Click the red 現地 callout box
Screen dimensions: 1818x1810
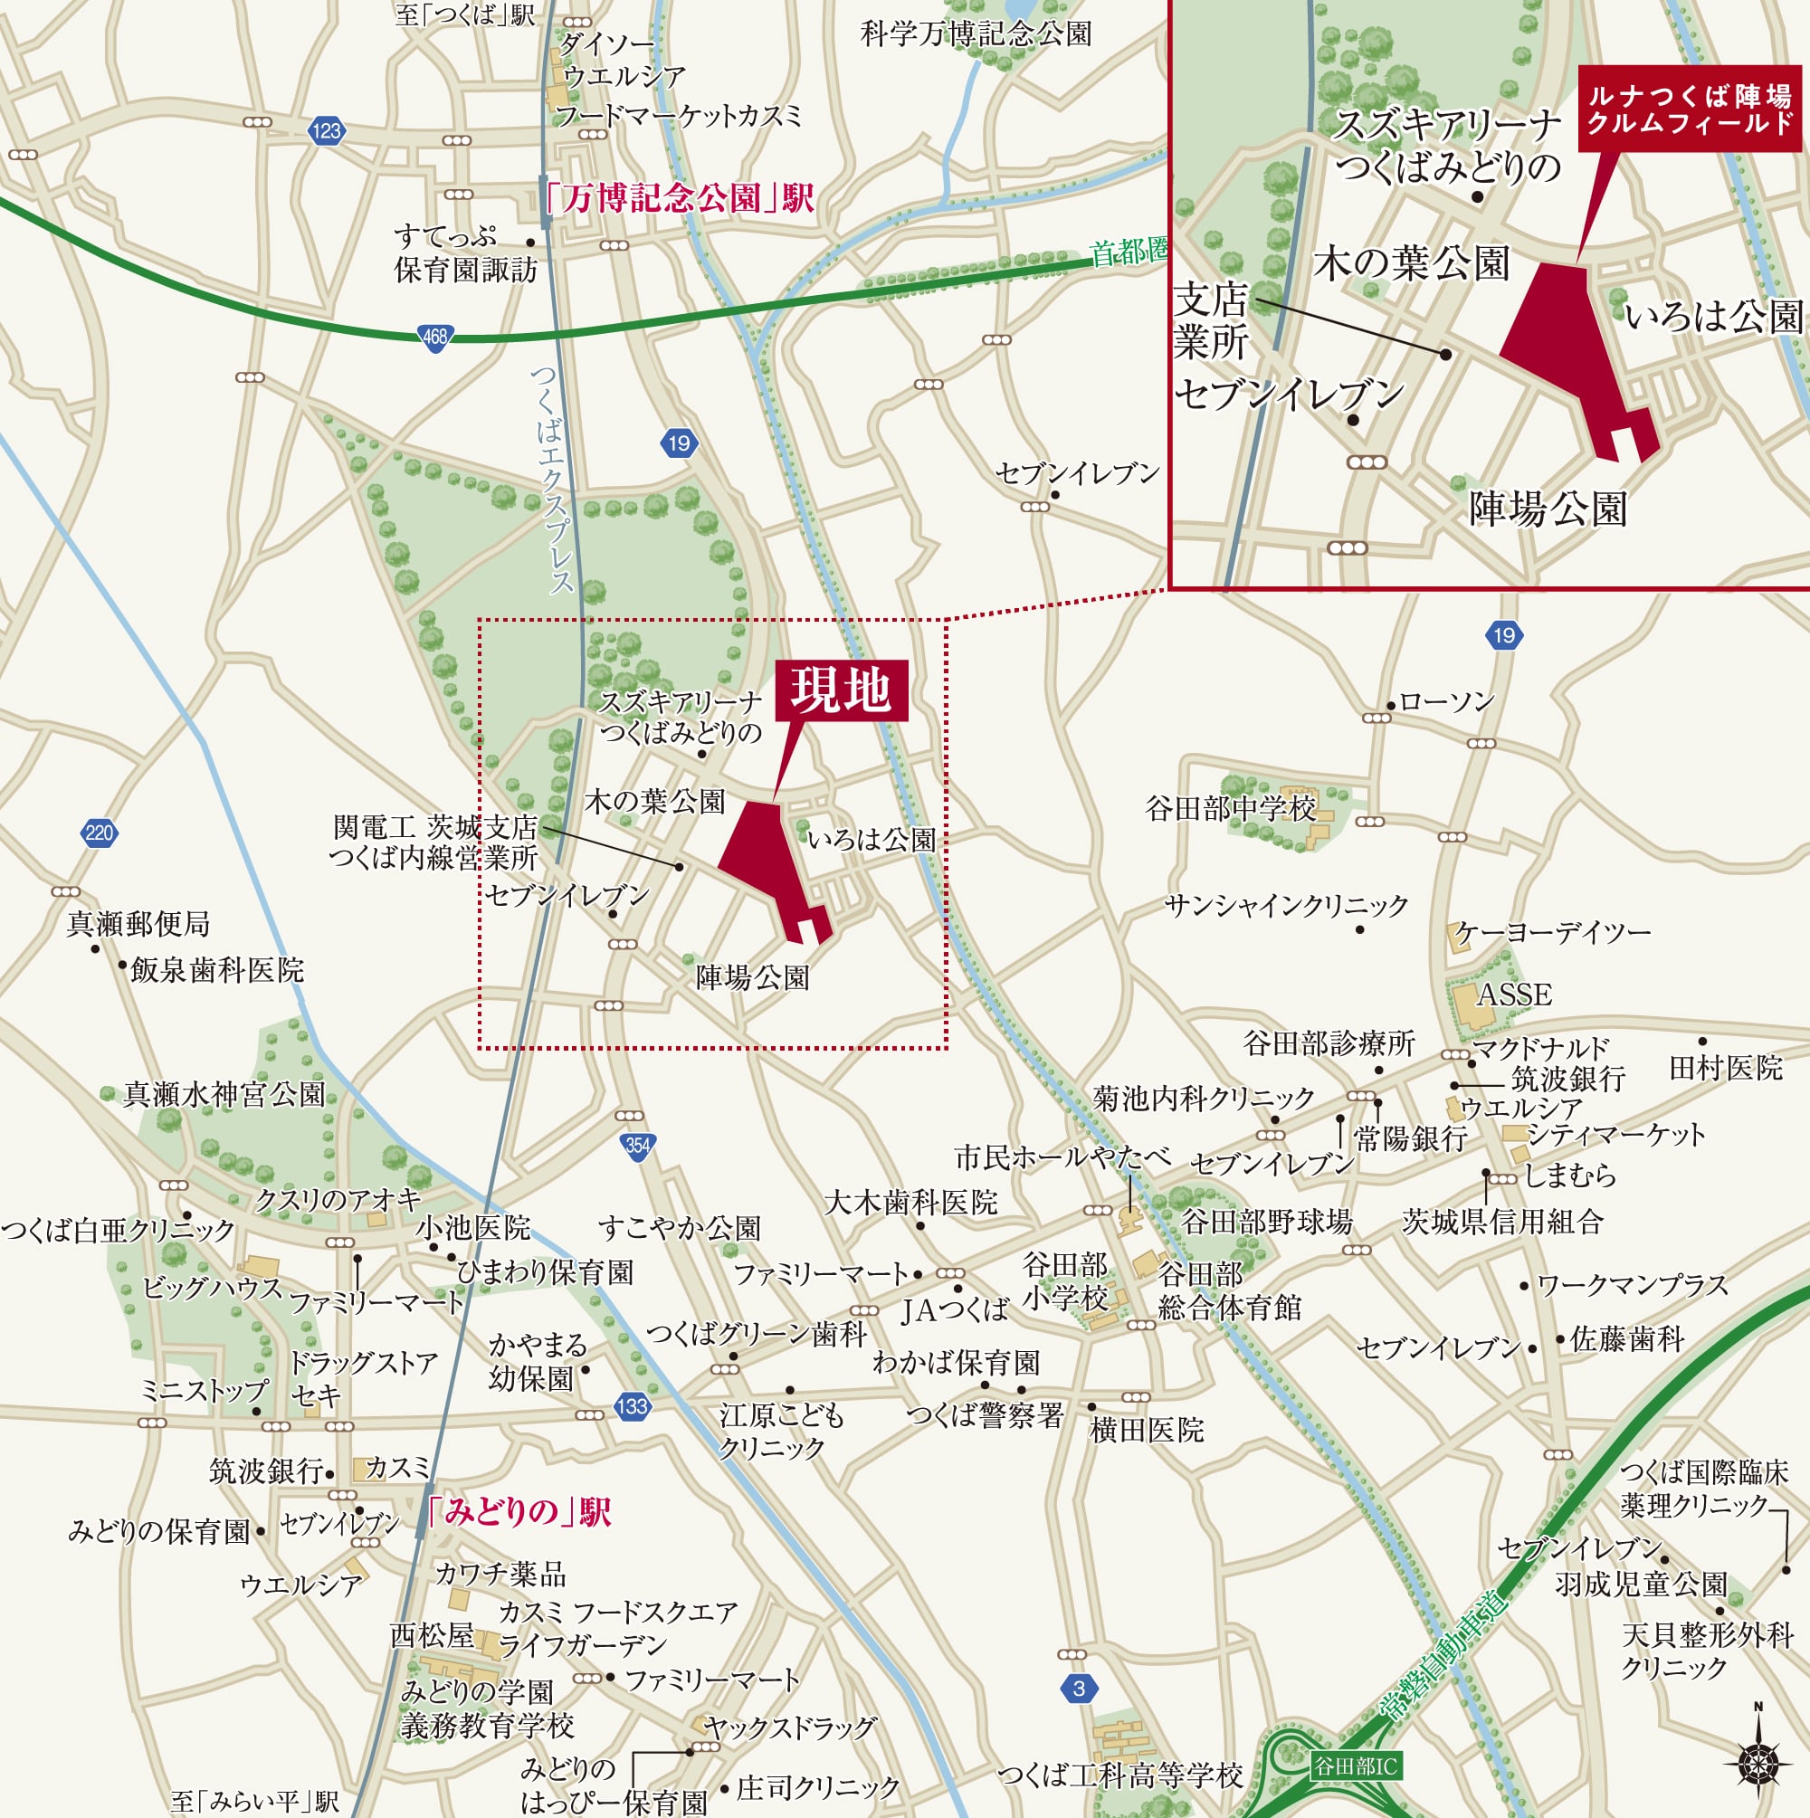pyautogui.click(x=841, y=690)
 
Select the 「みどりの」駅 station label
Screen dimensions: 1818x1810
pyautogui.click(x=518, y=1512)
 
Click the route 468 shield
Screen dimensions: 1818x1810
pyautogui.click(x=434, y=338)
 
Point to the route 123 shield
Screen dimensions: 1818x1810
pyautogui.click(x=326, y=131)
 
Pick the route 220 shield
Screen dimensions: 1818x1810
pyautogui.click(x=99, y=832)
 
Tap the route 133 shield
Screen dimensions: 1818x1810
pyautogui.click(x=632, y=1406)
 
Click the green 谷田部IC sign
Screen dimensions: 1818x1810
pyautogui.click(x=1356, y=1766)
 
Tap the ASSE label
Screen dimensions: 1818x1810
pyautogui.click(x=1513, y=995)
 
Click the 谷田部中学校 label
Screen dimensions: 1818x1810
pyautogui.click(x=1230, y=808)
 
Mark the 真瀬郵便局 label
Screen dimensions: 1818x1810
pyautogui.click(x=138, y=924)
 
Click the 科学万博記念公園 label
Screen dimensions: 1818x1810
pyautogui.click(x=976, y=34)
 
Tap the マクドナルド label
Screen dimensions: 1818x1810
pyautogui.click(x=1541, y=1047)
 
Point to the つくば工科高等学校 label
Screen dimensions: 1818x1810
pyautogui.click(x=1120, y=1775)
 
